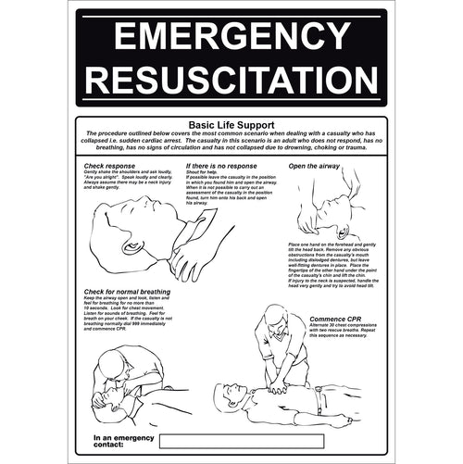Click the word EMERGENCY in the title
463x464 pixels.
coord(231,36)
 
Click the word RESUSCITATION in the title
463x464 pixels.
coord(231,81)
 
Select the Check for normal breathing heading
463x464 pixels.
coord(127,292)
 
